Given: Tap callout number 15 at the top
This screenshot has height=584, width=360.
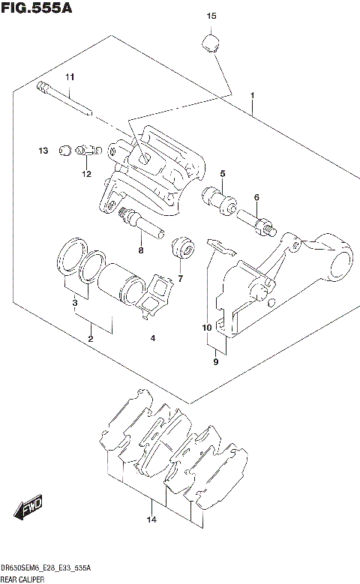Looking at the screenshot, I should click(211, 16).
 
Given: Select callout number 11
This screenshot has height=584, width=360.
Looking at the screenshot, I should click(69, 77).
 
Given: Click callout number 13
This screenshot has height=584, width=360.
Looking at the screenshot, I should click(43, 151).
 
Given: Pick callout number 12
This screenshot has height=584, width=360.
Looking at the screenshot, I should click(87, 174).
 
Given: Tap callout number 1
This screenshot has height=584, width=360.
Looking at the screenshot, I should click(253, 95).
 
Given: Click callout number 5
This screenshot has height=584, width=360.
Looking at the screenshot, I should click(223, 174).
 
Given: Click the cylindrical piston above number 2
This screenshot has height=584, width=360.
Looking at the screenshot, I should click(120, 282).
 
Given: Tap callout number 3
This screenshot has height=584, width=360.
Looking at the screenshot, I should click(75, 303).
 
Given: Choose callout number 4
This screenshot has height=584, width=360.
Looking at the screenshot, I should click(152, 338).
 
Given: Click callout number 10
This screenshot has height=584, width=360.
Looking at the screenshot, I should click(206, 328).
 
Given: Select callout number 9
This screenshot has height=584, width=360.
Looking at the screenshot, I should click(215, 362).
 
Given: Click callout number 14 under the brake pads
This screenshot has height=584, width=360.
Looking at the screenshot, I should click(151, 520).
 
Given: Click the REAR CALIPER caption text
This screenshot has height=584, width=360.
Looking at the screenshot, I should click(22, 579).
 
